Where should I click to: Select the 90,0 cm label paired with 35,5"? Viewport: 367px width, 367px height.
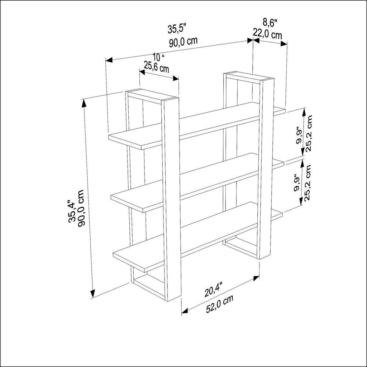point(183,41)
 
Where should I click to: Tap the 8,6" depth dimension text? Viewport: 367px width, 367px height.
point(270,23)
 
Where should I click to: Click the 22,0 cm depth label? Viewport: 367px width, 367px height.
point(267,34)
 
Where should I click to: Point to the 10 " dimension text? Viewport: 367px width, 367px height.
point(158,57)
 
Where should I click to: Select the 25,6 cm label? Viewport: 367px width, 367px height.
point(156,66)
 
